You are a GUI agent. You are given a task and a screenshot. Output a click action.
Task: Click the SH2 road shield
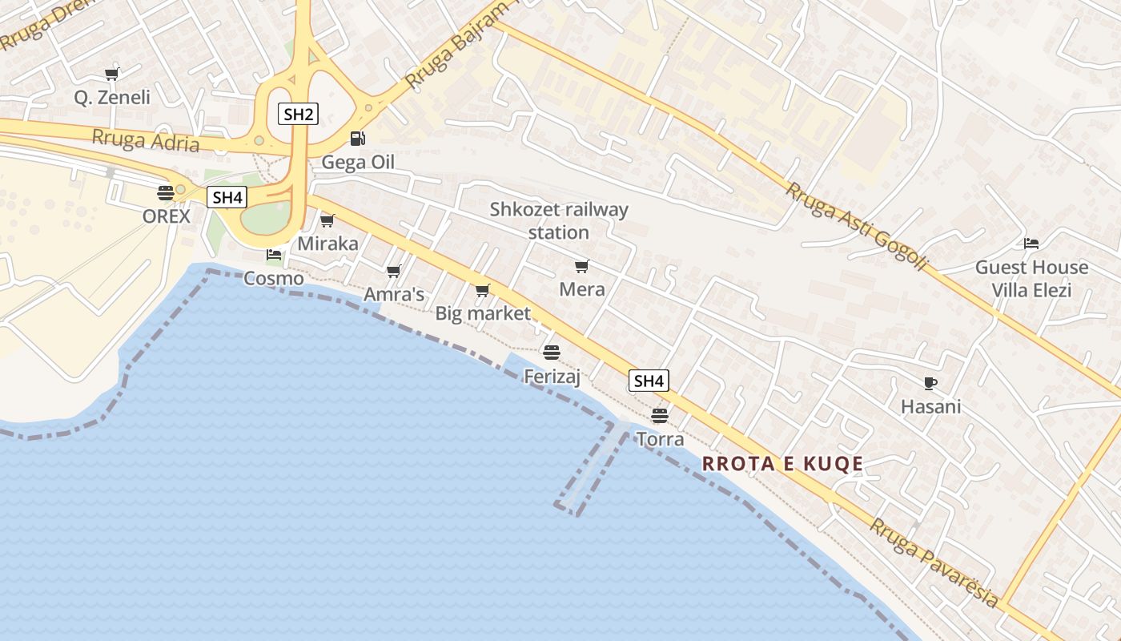(x=298, y=114)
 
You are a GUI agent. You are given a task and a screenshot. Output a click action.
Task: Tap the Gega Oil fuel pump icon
(x=357, y=139)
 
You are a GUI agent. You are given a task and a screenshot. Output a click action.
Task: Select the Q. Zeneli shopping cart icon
(x=111, y=75)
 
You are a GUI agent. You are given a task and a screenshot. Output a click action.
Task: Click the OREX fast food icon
(x=166, y=192)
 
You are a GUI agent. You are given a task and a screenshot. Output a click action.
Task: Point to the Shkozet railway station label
(x=559, y=220)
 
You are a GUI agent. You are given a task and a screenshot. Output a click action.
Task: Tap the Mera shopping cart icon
(x=581, y=266)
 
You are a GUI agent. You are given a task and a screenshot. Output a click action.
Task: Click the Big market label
(x=483, y=313)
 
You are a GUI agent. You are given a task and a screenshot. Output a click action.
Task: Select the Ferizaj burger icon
(x=551, y=352)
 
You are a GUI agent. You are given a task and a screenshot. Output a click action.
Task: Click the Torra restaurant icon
(x=659, y=415)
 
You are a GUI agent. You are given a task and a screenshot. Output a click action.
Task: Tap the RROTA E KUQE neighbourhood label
(x=782, y=463)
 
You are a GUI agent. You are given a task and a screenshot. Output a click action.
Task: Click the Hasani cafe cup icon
(x=930, y=383)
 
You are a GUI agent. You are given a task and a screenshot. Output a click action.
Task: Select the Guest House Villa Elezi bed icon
(x=1031, y=243)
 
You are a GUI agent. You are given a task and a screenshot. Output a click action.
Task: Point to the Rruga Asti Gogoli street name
(x=855, y=227)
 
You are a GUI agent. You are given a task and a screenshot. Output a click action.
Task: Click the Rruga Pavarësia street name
(x=934, y=562)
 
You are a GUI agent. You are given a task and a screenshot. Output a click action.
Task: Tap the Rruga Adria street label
(x=145, y=139)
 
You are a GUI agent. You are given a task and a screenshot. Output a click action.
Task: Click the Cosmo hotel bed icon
(x=274, y=255)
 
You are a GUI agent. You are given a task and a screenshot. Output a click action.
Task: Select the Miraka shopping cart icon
(x=327, y=220)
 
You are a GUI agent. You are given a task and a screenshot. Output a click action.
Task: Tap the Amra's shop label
(x=394, y=294)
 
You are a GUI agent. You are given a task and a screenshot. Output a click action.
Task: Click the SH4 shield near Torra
(x=648, y=381)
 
